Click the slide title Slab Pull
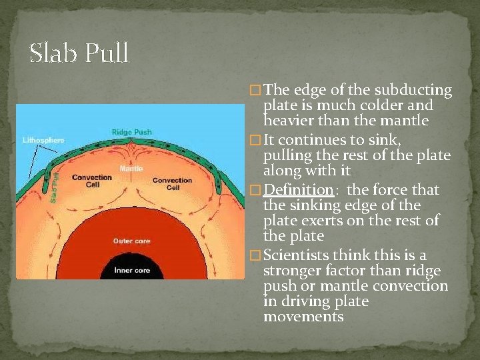click(79, 54)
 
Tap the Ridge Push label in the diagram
click(131, 132)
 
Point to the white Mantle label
click(131, 169)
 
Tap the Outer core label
click(131, 241)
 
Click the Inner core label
click(131, 270)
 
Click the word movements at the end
click(303, 317)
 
